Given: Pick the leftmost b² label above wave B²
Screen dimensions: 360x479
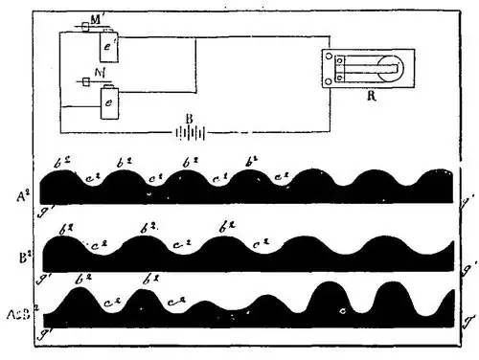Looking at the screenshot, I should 65,230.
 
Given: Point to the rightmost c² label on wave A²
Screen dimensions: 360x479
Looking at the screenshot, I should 282,176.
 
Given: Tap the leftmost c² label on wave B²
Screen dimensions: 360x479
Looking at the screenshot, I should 96,245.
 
